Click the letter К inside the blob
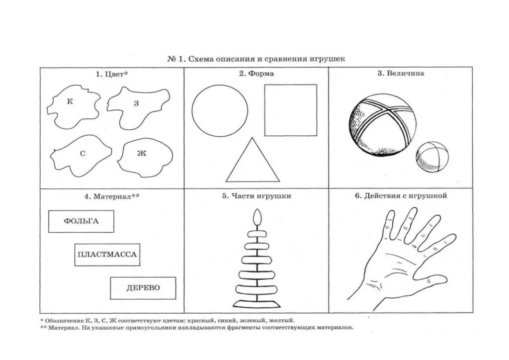coord(70,101)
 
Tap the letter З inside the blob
coord(136,103)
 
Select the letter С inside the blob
coord(83,154)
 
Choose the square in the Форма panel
coord(290,110)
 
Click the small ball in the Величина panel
coord(432,157)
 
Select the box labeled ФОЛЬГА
coord(81,221)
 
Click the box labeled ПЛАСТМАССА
coord(107,255)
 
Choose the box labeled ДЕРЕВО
coord(143,288)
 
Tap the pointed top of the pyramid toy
coord(257,217)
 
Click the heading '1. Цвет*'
coord(112,74)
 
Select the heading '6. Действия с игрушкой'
coord(401,196)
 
